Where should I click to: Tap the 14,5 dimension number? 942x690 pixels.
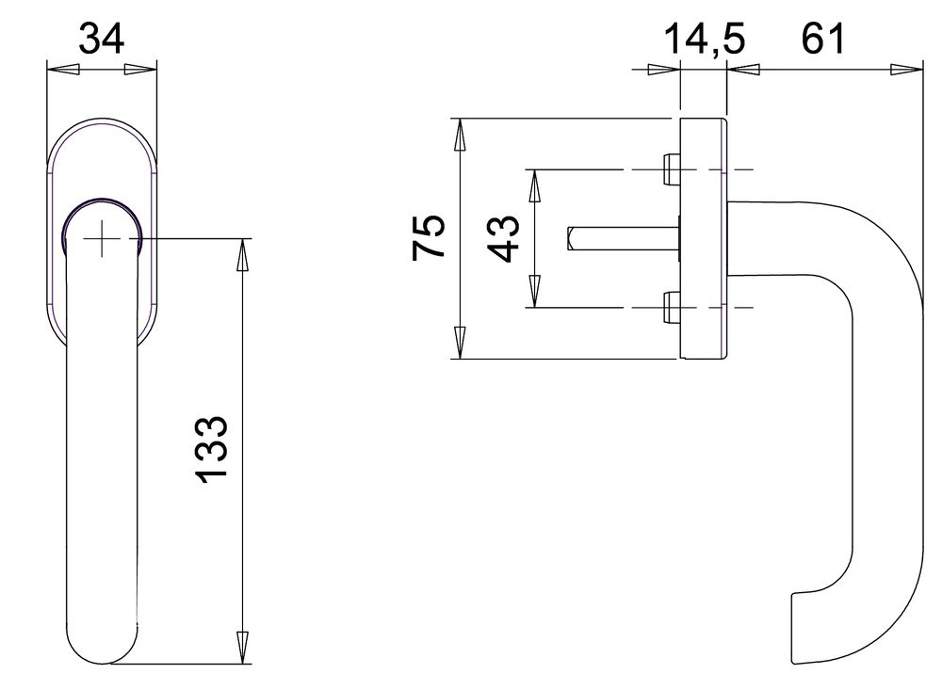705,40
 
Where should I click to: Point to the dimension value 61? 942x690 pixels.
822,40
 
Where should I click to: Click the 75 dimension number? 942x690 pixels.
430,237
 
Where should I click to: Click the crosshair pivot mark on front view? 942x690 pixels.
103,239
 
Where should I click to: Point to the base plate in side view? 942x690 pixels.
703,239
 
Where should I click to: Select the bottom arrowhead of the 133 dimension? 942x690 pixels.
244,648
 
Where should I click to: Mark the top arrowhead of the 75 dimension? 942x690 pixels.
459,136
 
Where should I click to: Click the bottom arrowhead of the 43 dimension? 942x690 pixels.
533,292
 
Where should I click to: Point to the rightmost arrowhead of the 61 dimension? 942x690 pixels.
906,69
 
